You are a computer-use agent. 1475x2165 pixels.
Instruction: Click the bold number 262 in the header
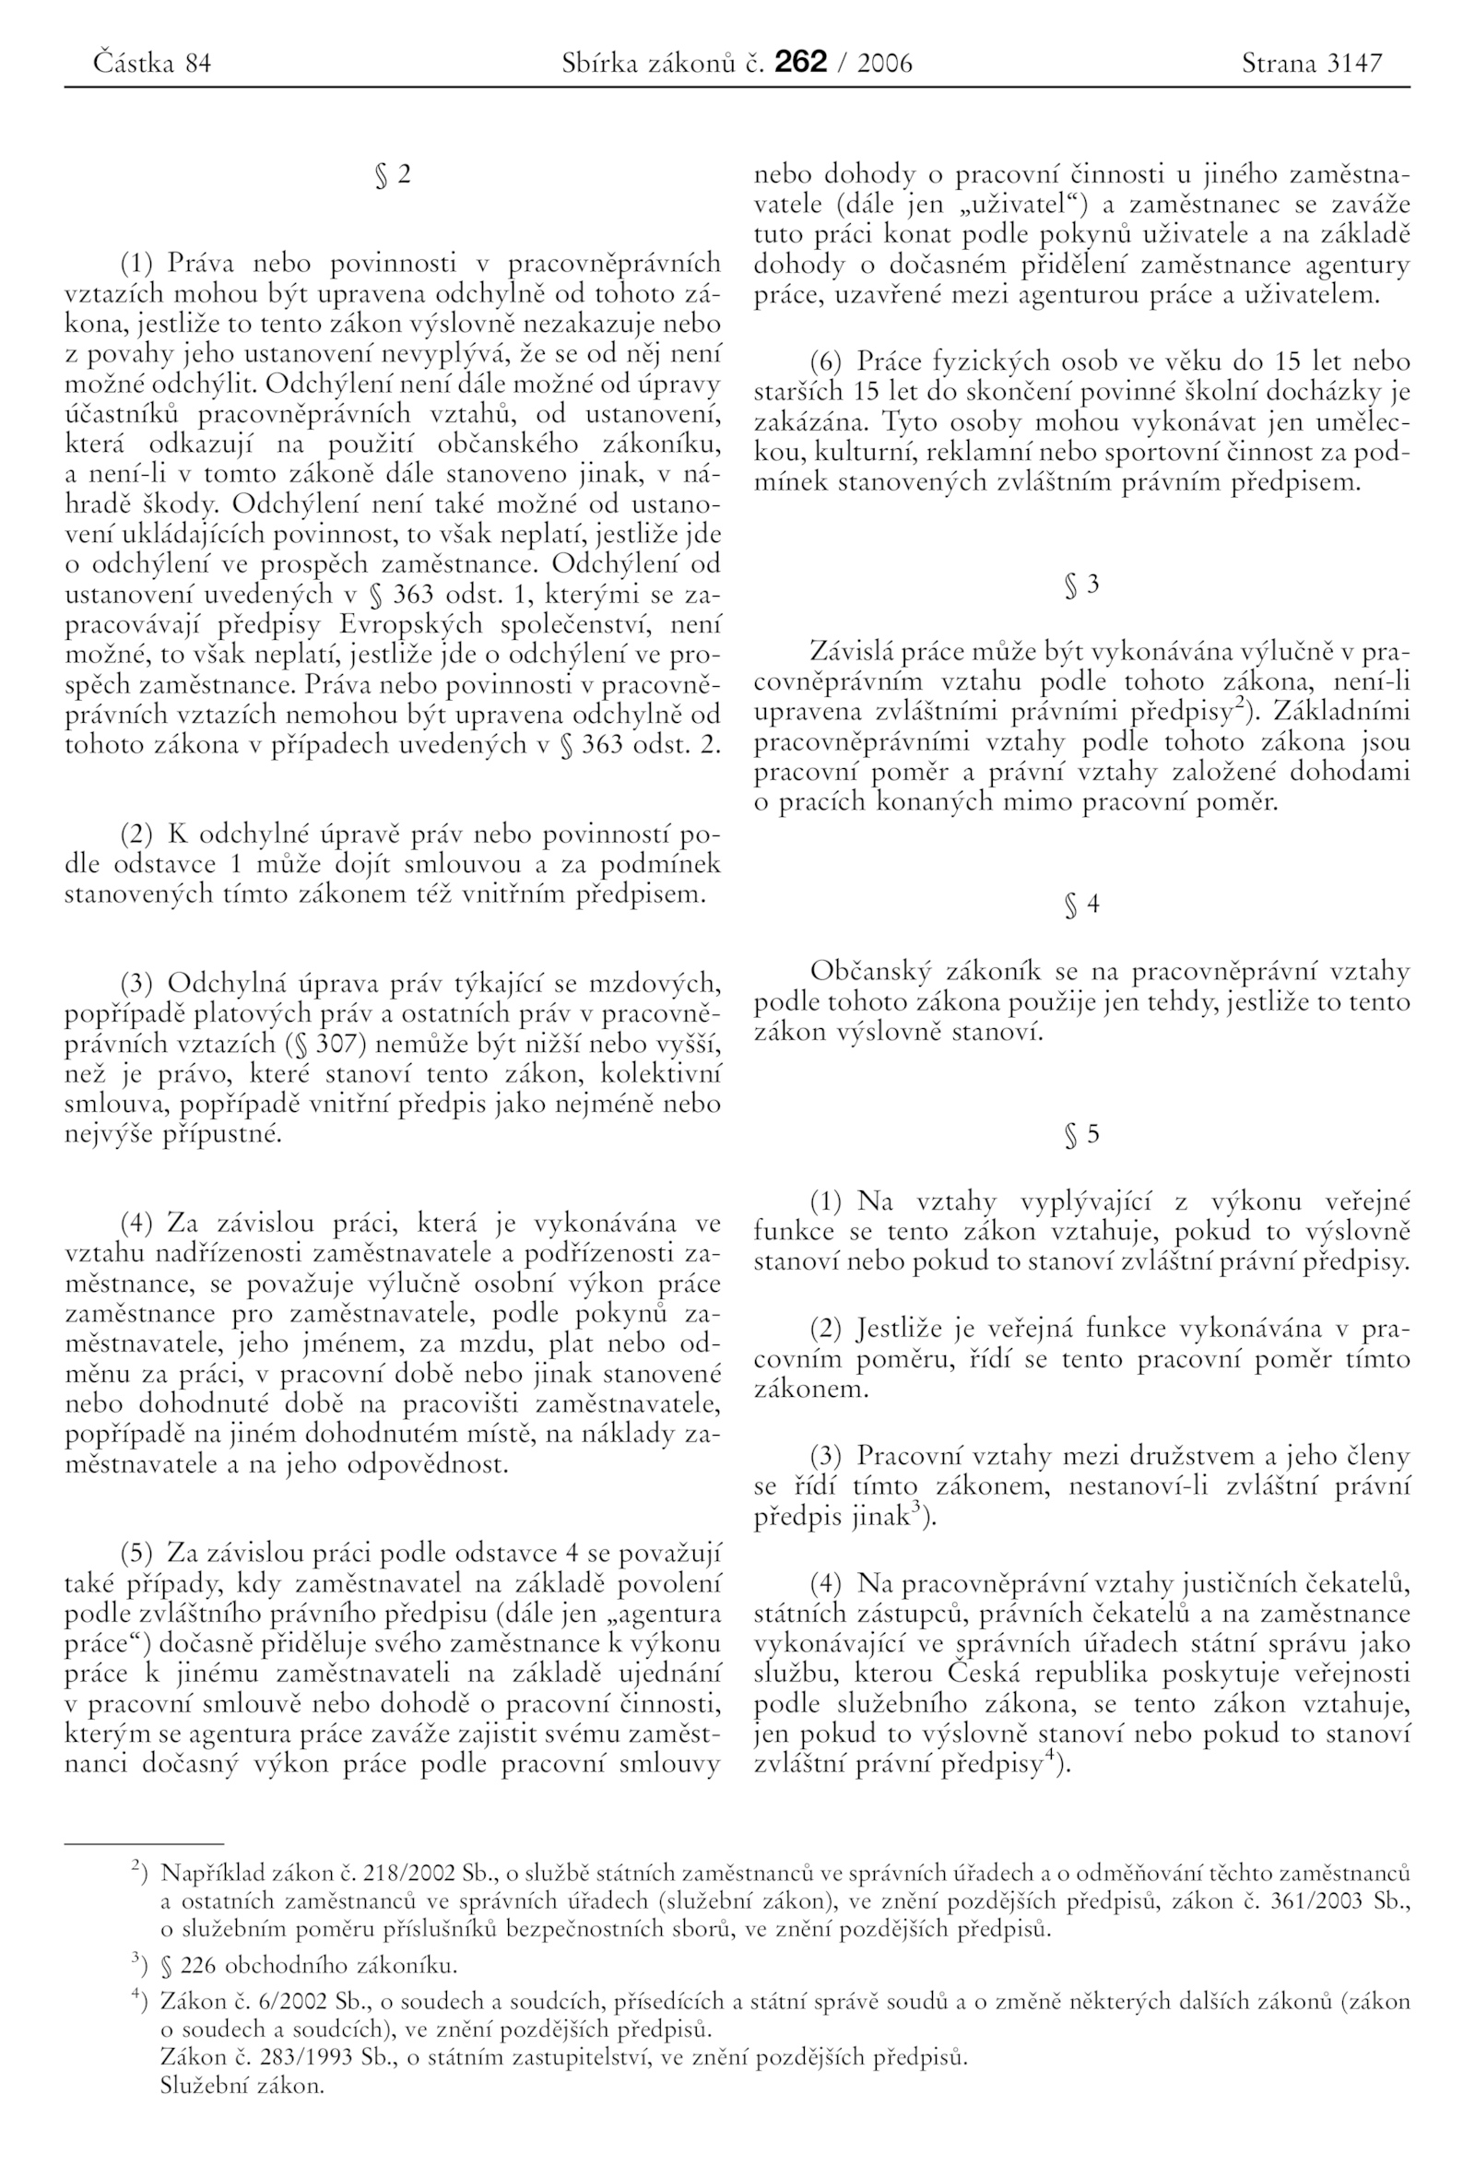(x=800, y=63)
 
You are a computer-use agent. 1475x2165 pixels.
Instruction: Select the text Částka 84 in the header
(x=153, y=64)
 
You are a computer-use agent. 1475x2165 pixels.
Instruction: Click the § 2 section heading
(x=392, y=175)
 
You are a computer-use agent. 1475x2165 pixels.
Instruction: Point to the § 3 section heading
(x=1081, y=585)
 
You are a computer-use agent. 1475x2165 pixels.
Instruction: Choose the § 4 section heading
(x=1081, y=904)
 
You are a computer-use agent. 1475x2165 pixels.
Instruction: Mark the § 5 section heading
(x=1081, y=1134)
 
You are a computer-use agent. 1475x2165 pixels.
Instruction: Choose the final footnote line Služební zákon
(x=242, y=2085)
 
